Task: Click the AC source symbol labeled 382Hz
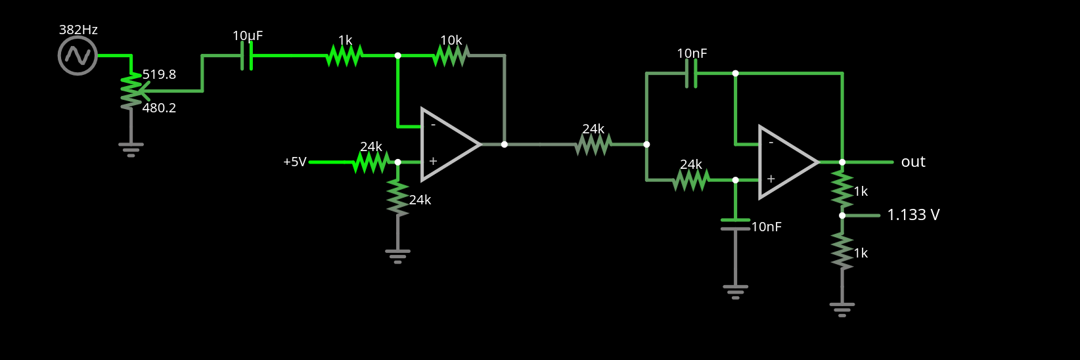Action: coord(78,56)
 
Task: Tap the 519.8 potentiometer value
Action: coord(159,75)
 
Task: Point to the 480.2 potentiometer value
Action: coord(159,108)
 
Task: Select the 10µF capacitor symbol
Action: coord(247,56)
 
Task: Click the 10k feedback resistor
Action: coord(451,56)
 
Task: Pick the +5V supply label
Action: coord(294,162)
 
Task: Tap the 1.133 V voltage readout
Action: coord(913,215)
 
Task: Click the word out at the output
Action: coord(913,162)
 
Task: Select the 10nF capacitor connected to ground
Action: coord(735,224)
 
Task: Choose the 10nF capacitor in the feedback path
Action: coord(690,74)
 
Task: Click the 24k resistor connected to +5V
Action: coord(371,162)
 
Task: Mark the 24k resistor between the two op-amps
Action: coord(593,145)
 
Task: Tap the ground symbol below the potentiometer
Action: coord(131,149)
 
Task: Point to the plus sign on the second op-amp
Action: coord(771,179)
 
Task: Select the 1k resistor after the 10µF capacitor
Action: coord(344,56)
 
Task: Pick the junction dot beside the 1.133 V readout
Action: coord(842,215)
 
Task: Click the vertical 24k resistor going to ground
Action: coord(397,197)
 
